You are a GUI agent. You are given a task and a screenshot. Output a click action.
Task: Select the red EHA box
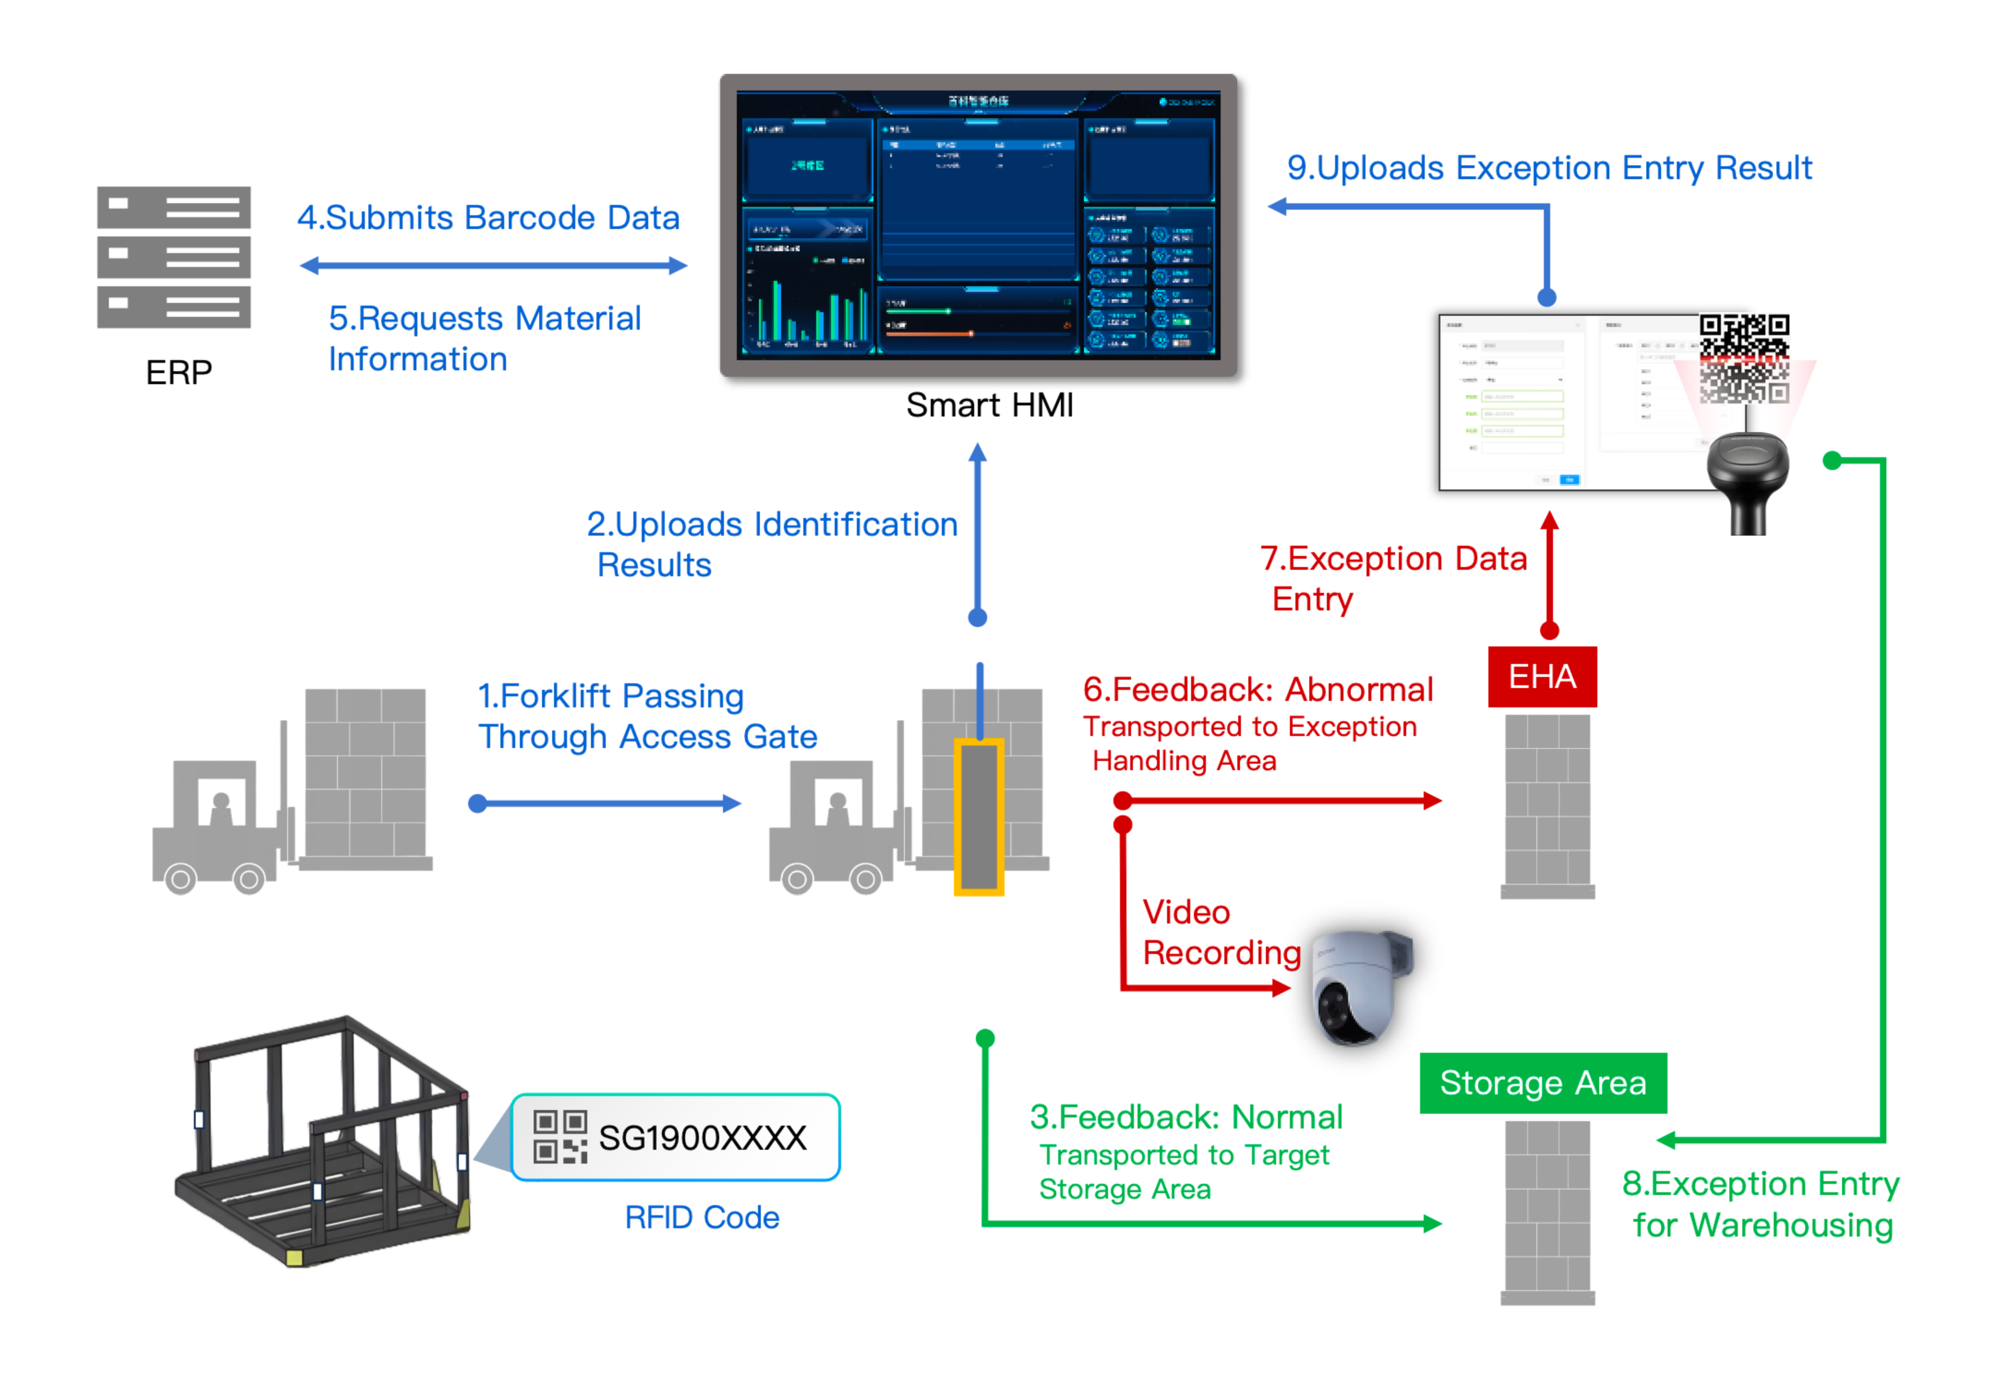1542,677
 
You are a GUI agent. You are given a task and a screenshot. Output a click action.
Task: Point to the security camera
1359,987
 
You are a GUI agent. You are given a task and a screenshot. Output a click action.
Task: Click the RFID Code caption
702,1218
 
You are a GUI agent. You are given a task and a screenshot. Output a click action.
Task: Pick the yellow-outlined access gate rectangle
979,816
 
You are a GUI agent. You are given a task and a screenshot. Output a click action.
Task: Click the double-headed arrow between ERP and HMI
493,266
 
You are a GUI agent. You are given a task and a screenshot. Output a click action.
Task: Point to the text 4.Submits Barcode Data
488,218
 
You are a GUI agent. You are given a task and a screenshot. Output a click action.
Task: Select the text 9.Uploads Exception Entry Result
1549,168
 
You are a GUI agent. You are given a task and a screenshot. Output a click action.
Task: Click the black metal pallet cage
325,1142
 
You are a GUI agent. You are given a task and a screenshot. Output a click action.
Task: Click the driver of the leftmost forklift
221,809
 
